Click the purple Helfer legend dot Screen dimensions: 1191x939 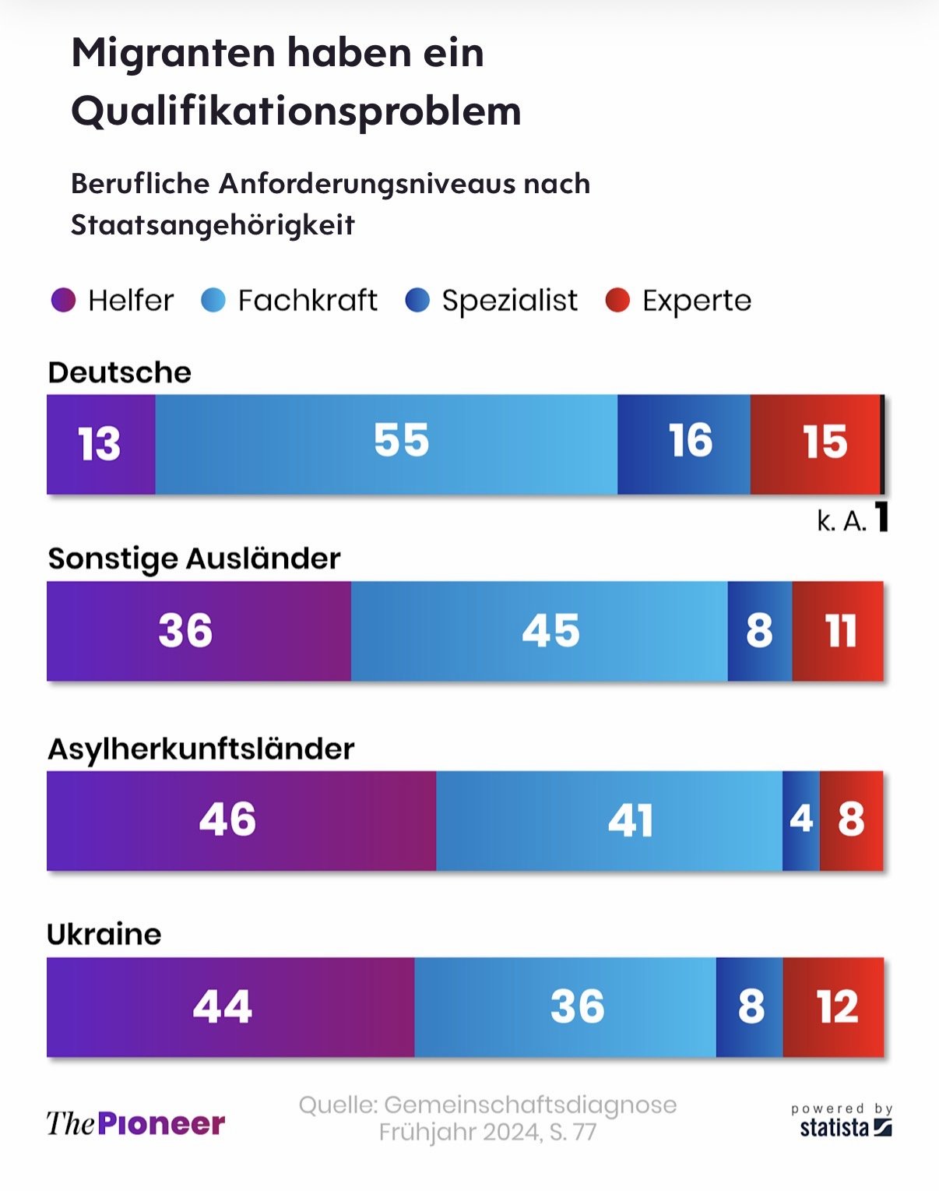coord(63,300)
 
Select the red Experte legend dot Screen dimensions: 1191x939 coord(617,300)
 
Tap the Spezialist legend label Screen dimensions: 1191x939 coord(509,301)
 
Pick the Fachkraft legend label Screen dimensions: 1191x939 coord(308,301)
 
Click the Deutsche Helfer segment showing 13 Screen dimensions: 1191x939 coord(100,444)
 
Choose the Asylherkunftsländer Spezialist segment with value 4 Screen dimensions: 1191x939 coord(801,820)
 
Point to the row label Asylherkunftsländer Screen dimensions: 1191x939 coord(201,749)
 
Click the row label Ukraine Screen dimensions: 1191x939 coord(104,934)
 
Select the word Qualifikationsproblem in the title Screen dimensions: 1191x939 coord(296,111)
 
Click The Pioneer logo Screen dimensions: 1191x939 coord(135,1123)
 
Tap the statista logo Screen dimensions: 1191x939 coord(845,1126)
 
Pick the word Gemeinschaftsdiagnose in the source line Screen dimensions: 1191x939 coord(530,1105)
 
